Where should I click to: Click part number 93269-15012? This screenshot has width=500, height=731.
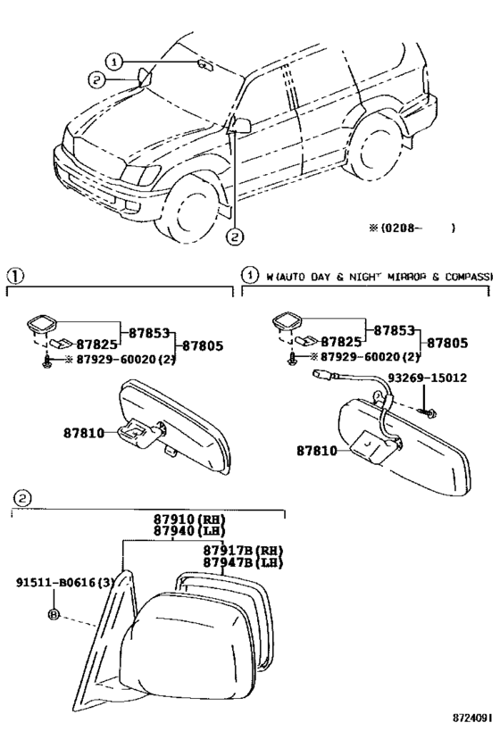pyautogui.click(x=428, y=378)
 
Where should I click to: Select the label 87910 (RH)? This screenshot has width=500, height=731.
pyautogui.click(x=189, y=519)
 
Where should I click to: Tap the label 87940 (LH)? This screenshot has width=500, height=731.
pyautogui.click(x=189, y=531)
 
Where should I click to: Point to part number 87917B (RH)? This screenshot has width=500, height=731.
pyautogui.click(x=243, y=550)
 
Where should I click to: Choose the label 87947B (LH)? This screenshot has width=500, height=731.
pyautogui.click(x=243, y=562)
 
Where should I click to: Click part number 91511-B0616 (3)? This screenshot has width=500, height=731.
pyautogui.click(x=66, y=583)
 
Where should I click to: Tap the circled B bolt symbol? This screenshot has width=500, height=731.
pyautogui.click(x=54, y=614)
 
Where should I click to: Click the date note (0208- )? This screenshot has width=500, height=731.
pyautogui.click(x=412, y=228)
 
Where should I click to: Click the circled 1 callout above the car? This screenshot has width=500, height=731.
pyautogui.click(x=113, y=61)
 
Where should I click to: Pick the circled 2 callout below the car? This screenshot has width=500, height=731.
pyautogui.click(x=235, y=237)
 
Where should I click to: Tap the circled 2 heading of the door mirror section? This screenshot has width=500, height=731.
pyautogui.click(x=22, y=498)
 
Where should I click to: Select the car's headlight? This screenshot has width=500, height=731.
pyautogui.click(x=140, y=176)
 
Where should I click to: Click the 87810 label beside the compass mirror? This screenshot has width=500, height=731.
pyautogui.click(x=317, y=451)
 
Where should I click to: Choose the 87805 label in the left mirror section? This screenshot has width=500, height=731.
pyautogui.click(x=203, y=345)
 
